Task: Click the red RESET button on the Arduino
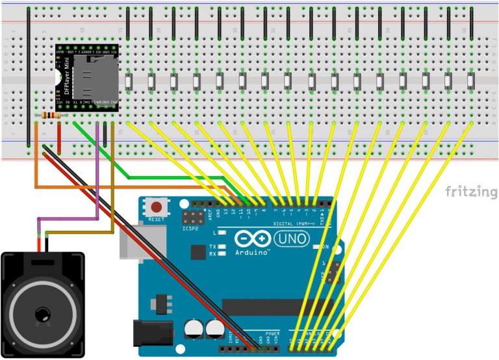click(157, 209)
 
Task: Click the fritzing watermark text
click(470, 192)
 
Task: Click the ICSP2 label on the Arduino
click(190, 228)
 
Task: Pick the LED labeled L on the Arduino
click(222, 233)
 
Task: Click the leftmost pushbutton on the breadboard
click(129, 83)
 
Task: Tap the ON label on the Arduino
click(326, 247)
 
